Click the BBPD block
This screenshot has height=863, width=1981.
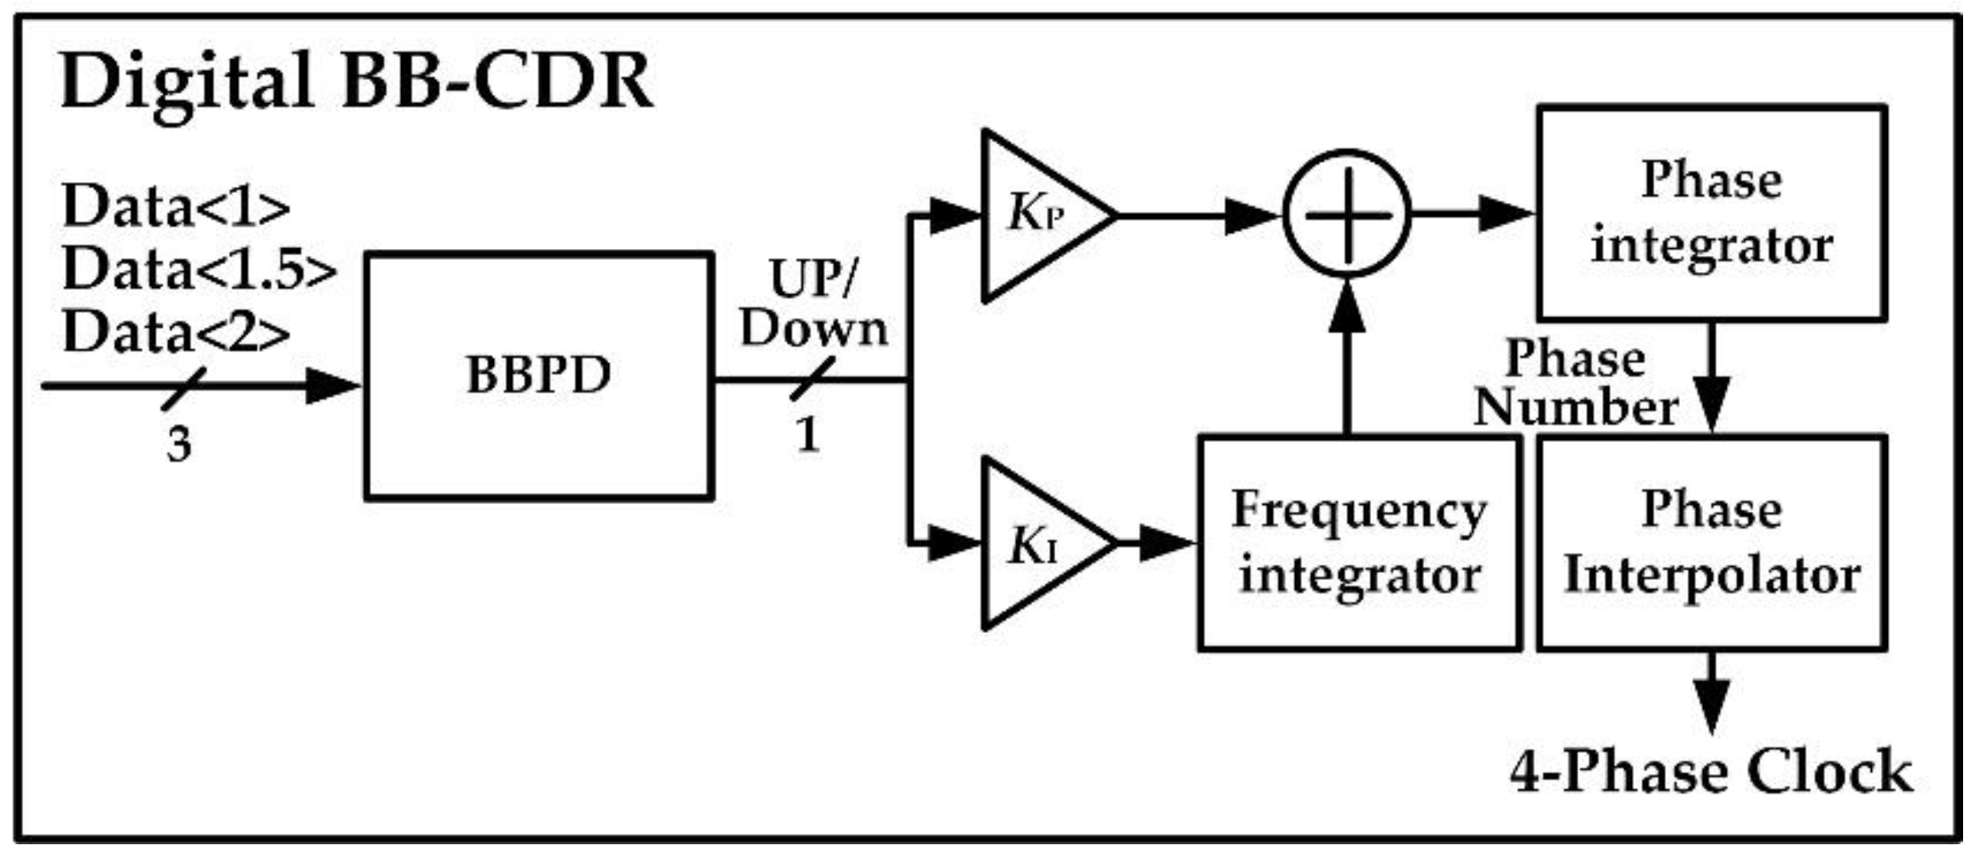pyautogui.click(x=538, y=375)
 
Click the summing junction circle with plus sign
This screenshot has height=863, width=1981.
pyautogui.click(x=1347, y=213)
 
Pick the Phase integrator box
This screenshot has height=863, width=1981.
pyautogui.click(x=1711, y=213)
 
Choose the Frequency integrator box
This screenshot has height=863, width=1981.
pyautogui.click(x=1359, y=543)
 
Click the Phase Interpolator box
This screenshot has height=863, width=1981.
pyautogui.click(x=1711, y=543)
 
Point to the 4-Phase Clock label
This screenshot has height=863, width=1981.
pyautogui.click(x=1711, y=772)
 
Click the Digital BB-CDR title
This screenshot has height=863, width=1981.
pyautogui.click(x=357, y=83)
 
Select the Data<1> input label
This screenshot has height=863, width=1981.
pyautogui.click(x=176, y=207)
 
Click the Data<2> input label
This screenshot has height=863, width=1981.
pyautogui.click(x=176, y=333)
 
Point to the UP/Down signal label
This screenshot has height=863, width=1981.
pyautogui.click(x=813, y=304)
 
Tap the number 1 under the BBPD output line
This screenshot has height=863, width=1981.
pyautogui.click(x=808, y=436)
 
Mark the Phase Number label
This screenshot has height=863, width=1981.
pyautogui.click(x=1575, y=383)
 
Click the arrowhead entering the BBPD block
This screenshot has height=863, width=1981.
pyautogui.click(x=333, y=385)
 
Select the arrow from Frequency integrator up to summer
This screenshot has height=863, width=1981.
pyautogui.click(x=1347, y=358)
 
